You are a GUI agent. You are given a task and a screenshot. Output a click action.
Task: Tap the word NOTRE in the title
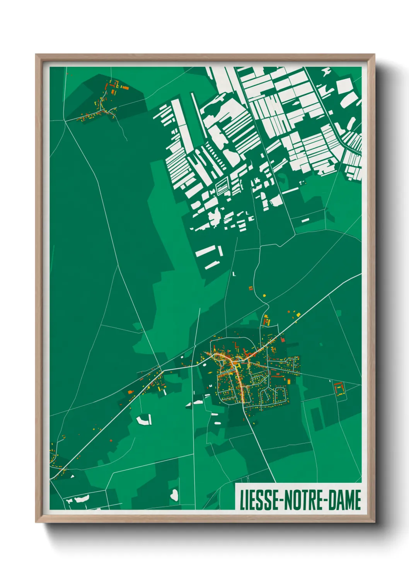tap(305, 500)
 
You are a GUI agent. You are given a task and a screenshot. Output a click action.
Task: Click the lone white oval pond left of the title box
tap(174, 494)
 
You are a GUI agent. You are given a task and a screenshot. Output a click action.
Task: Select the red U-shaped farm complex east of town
tap(339, 388)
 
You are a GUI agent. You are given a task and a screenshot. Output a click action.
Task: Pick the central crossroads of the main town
tap(234, 362)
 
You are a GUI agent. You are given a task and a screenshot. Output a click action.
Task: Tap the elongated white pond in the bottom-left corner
tap(82, 499)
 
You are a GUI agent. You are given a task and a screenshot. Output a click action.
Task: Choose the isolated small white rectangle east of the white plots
tap(305, 220)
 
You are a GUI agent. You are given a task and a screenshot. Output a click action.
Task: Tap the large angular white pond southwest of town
tap(143, 420)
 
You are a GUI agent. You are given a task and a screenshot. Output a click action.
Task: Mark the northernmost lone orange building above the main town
tap(250, 288)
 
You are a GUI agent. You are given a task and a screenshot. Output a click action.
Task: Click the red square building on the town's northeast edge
tap(283, 340)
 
